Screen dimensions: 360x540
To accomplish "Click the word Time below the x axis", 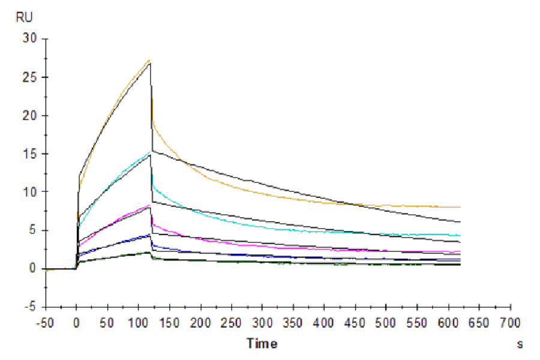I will point(262,344).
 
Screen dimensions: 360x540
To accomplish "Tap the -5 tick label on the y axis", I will point(30,307).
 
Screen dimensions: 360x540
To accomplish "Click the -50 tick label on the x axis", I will point(46,322).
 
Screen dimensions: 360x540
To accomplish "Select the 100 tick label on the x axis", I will point(138,322).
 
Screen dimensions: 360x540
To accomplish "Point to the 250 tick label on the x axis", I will point(231,322).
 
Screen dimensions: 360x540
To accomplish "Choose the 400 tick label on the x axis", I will point(324,322).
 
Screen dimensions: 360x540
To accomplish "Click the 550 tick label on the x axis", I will point(417,322).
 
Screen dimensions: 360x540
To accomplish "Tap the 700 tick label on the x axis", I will point(509,322).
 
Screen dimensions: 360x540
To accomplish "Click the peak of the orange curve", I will point(149,60).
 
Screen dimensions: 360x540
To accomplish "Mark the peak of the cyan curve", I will point(150,152).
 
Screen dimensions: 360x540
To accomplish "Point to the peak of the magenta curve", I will point(150,205).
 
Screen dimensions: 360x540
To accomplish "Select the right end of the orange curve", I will point(460,207).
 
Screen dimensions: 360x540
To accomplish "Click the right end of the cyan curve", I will point(460,235).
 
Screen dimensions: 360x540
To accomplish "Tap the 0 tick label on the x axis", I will point(76,322).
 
